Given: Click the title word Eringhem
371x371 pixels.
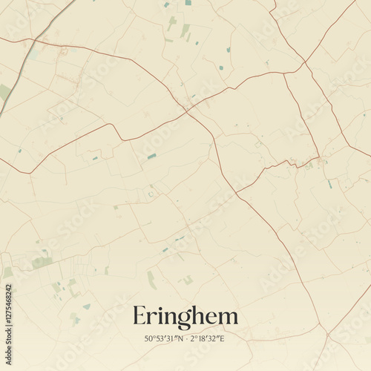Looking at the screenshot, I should (185, 317).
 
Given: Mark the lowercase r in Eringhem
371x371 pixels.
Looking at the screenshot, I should (152, 318).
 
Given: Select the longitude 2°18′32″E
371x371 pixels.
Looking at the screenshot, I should (209, 339).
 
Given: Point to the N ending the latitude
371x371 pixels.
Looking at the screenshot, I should (179, 339).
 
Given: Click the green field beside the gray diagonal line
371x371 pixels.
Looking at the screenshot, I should (5, 93).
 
